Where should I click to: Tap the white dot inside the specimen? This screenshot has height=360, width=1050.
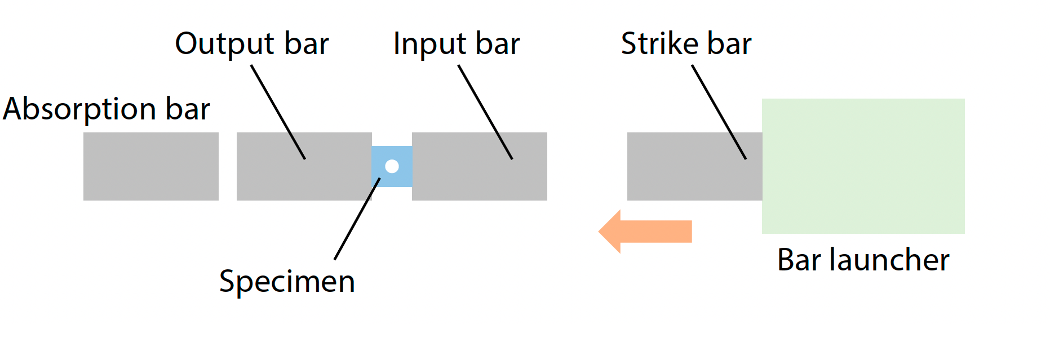(392, 166)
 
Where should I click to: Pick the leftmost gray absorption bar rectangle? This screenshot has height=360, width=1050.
(150, 166)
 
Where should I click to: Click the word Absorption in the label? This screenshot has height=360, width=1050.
(79, 109)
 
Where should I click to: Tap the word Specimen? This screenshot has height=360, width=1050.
(287, 282)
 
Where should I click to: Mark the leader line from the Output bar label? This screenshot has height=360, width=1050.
(278, 112)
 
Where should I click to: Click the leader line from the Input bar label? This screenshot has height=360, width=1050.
(485, 112)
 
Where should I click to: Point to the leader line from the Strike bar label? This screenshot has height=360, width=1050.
(719, 112)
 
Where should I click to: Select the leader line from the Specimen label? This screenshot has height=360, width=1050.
(357, 219)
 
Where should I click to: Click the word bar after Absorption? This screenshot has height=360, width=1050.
(187, 109)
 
